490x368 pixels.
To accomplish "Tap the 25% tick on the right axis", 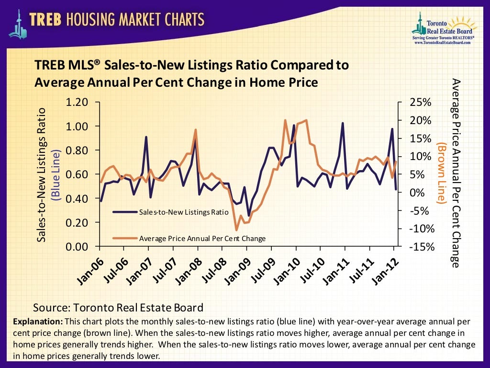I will point(421,102).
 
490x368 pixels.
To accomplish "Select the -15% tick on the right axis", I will point(421,246).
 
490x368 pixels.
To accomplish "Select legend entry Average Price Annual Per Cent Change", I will point(201,238).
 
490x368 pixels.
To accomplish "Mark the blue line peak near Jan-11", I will point(343,123).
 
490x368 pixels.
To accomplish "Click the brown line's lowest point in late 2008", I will point(236,230).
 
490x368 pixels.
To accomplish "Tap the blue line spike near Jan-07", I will point(146,137).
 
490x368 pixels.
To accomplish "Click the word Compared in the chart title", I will point(292,65).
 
